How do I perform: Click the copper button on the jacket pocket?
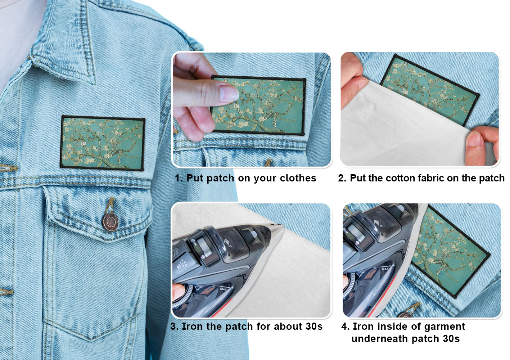pyautogui.click(x=110, y=222)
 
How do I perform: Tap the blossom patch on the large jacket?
pyautogui.click(x=103, y=143)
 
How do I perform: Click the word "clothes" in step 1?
pyautogui.click(x=298, y=178)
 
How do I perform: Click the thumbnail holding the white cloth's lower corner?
pyautogui.click(x=474, y=139)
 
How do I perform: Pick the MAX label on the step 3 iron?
pyautogui.click(x=224, y=289)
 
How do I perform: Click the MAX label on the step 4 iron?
pyautogui.click(x=385, y=269)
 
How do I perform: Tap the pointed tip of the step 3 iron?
pyautogui.click(x=282, y=225)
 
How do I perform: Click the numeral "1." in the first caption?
pyautogui.click(x=179, y=178)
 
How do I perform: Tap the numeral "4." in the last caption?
pyautogui.click(x=345, y=326)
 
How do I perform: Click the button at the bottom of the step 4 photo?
pyautogui.click(x=405, y=315)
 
